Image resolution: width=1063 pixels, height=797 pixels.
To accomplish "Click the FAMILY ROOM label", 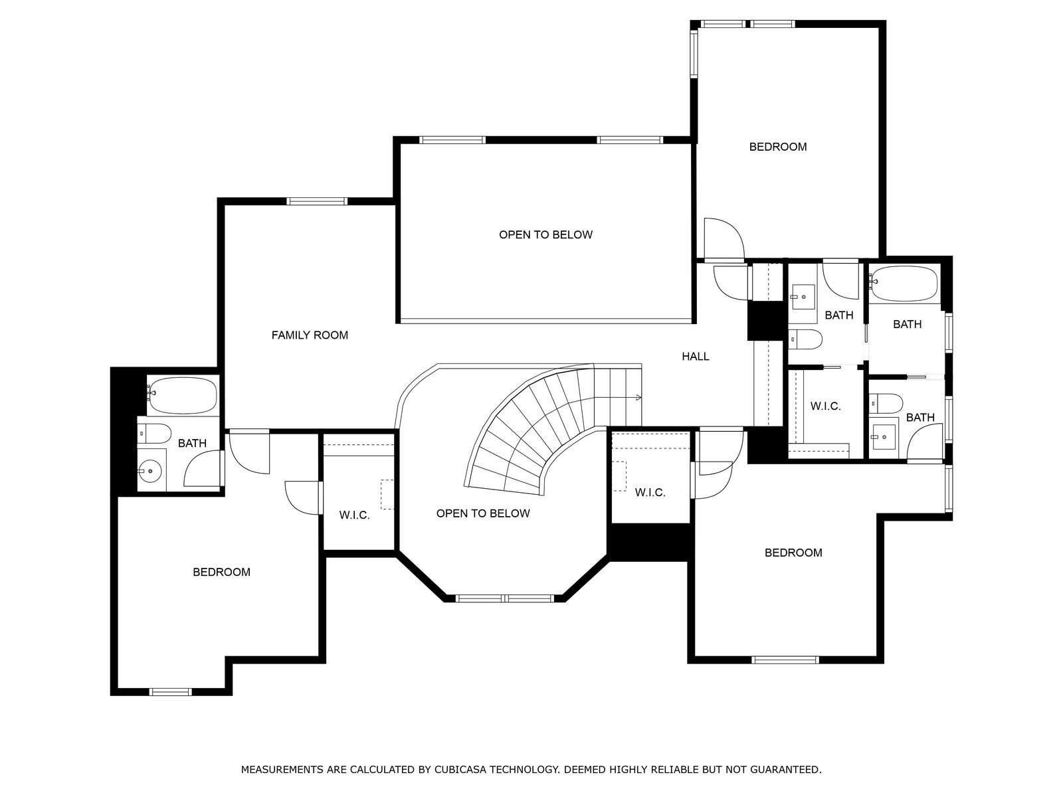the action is pos(310,335).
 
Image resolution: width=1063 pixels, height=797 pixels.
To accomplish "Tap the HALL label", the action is pos(696,357).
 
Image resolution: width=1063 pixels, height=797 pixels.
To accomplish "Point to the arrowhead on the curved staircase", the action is pos(638,398).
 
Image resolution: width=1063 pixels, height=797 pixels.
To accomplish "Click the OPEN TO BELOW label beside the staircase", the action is pos(483,513).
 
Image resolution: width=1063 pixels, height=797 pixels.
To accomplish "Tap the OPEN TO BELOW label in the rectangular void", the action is pos(546,234).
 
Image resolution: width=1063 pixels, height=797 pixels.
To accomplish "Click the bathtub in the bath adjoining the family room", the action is pos(182,395).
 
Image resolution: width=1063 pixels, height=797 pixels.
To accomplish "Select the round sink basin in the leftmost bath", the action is pos(149,470).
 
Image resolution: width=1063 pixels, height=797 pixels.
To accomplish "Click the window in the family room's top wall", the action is pos(317,201).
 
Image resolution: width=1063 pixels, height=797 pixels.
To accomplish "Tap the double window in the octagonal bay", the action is pos(505,598).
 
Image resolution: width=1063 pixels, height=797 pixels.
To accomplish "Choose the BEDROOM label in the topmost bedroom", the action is pos(778,147).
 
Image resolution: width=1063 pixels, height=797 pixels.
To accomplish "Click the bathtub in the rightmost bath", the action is pos(904,284).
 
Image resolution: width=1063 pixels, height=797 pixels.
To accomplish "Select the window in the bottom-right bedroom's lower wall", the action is pos(785,660).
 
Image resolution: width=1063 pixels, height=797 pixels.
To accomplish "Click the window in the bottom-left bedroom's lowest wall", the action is pos(171,692).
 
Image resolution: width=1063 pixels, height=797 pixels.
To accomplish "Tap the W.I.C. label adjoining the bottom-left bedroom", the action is pos(355,515).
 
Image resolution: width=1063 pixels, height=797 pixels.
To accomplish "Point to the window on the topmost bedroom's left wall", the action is pos(694,53).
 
